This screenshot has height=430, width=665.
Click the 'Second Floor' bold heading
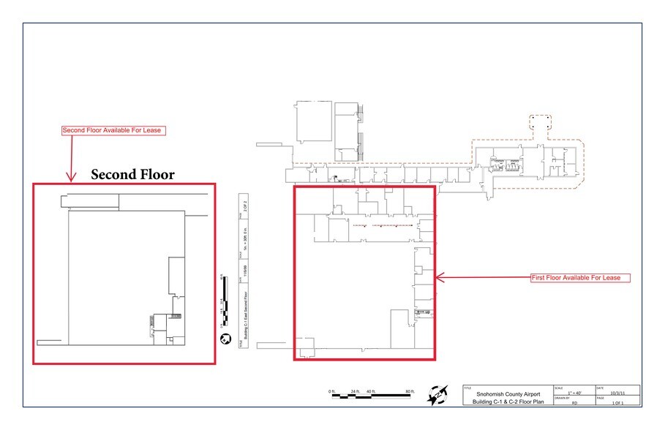pos(132,175)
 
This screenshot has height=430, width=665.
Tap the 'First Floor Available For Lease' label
pos(580,278)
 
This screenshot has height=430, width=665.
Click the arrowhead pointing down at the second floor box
pos(71,177)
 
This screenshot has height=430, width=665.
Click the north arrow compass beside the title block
pos(438,394)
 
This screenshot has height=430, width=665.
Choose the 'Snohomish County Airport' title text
pos(508,394)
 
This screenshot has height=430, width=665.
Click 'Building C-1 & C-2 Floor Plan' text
pos(508,402)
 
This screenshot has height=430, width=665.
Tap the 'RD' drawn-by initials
pos(574,402)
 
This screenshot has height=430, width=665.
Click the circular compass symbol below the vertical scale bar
pos(225,338)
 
